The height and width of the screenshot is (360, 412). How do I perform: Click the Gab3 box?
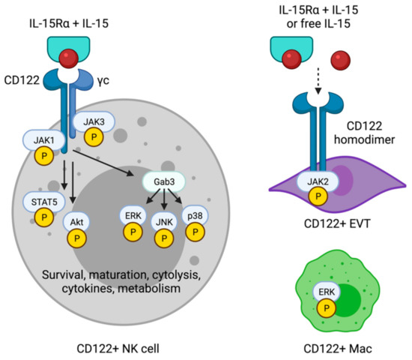pos(163,182)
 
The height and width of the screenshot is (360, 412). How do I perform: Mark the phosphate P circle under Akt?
pos(77,237)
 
